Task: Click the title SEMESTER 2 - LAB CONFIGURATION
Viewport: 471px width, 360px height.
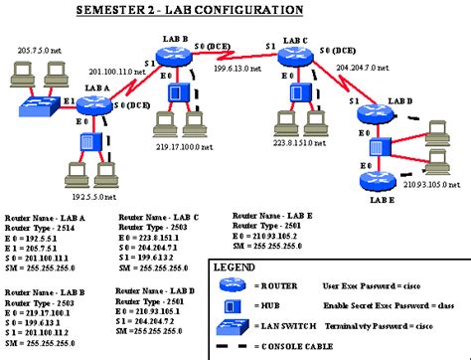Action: (x=235, y=9)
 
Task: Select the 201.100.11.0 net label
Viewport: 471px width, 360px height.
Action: (x=118, y=72)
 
